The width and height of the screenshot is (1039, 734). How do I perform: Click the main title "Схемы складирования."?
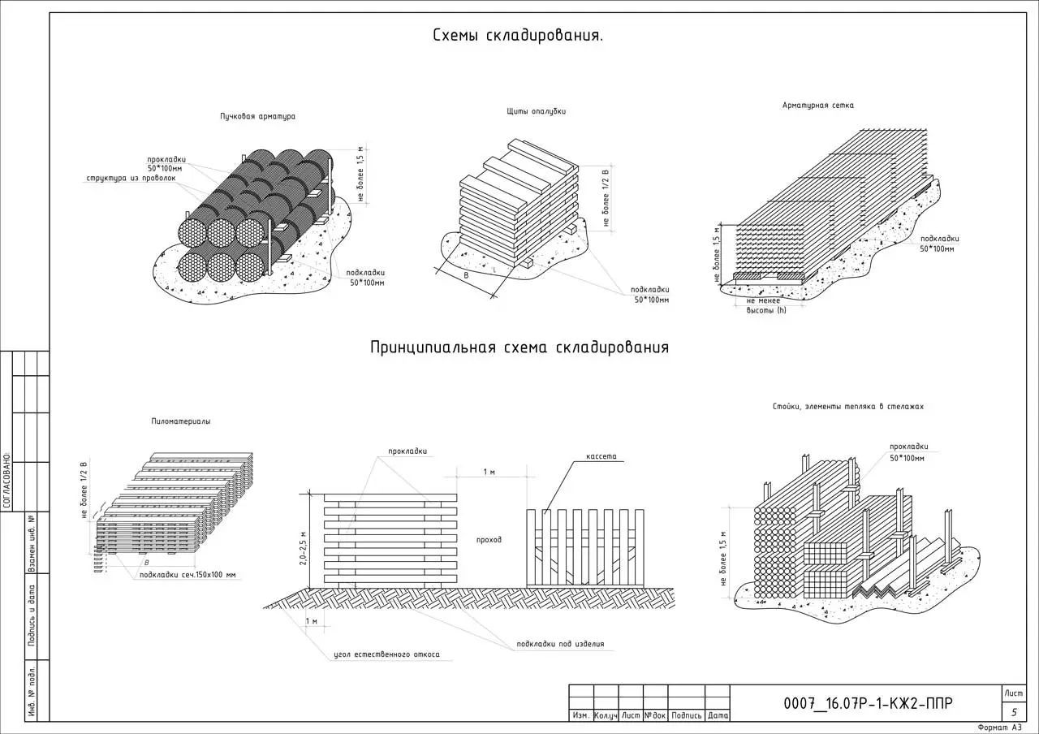coord(518,37)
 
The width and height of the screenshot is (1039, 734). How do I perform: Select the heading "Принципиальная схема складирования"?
coord(519,348)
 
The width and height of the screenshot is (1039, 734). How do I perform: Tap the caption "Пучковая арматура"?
coord(257,117)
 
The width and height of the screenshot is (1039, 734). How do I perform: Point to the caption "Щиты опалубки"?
coord(537,112)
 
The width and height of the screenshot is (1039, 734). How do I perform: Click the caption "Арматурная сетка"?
coord(817,106)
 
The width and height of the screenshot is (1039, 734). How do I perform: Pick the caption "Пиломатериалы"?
coord(180,421)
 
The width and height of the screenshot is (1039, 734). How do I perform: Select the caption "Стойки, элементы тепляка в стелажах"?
coord(848,407)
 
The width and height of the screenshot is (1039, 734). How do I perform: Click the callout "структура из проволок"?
coord(131,178)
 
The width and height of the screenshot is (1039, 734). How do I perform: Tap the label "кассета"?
coord(601,456)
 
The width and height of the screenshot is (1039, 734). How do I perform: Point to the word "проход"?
coord(489,539)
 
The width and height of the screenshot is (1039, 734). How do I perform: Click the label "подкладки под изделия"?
coord(560,645)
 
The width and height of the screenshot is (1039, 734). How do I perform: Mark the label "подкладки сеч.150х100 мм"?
coord(187,575)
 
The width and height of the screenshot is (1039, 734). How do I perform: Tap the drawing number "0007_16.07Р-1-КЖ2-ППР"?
coord(868,704)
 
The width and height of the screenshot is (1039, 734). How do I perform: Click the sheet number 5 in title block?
coord(1014,711)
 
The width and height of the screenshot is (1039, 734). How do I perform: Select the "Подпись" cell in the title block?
coord(687,715)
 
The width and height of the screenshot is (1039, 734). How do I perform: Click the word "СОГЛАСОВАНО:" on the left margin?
coord(6,480)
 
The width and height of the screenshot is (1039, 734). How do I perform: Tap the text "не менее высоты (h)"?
coord(766,305)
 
